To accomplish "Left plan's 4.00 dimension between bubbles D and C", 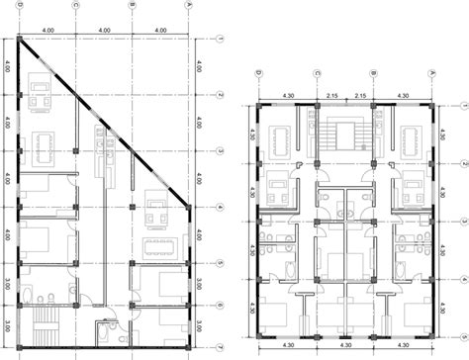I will (x=46, y=30).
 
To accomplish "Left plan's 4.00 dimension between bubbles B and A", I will (x=159, y=30).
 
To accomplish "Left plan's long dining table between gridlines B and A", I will (x=157, y=241).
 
